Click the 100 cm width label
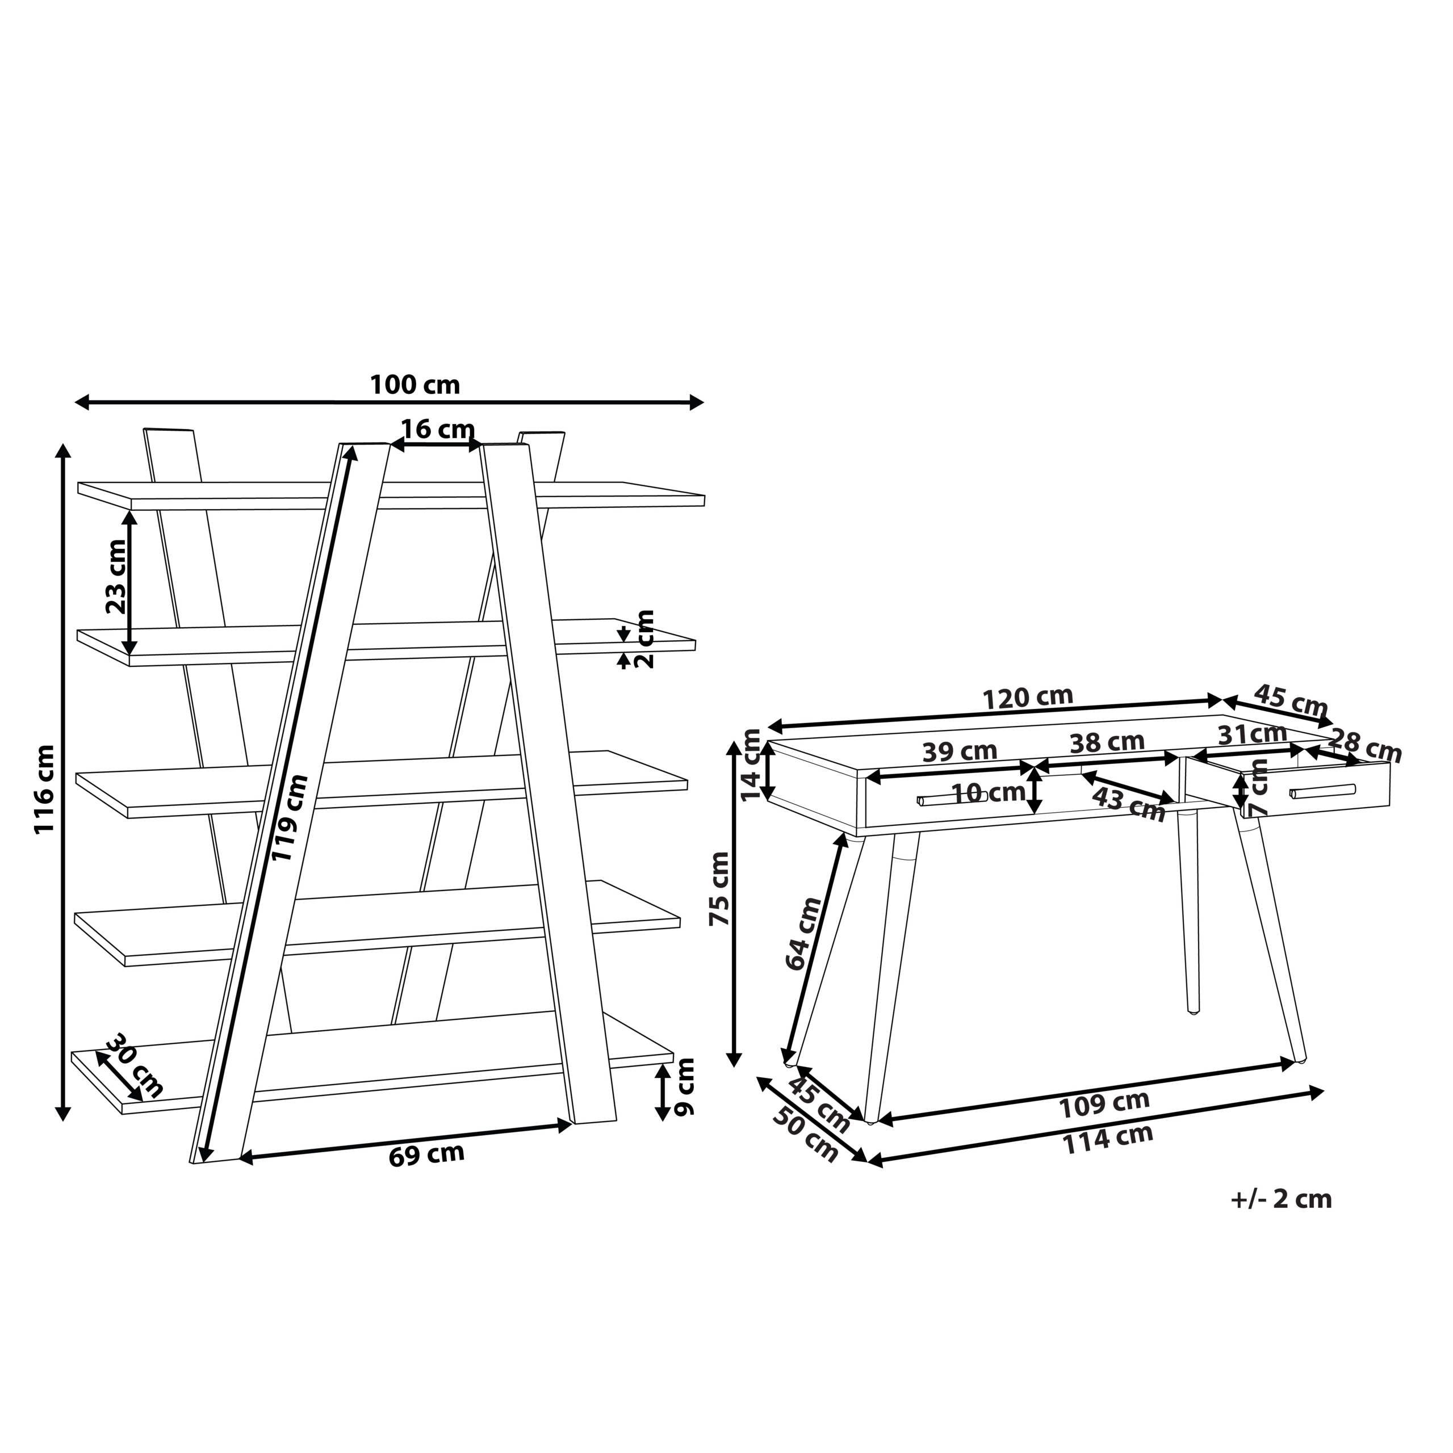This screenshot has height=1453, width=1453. [x=414, y=385]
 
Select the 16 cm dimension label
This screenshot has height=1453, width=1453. [x=437, y=430]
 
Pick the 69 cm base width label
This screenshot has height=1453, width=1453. [x=426, y=1154]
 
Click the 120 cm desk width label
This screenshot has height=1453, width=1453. [x=1028, y=698]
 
